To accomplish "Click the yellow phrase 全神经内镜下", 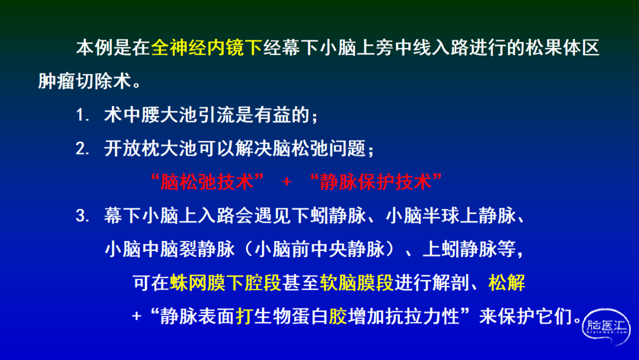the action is [206, 48].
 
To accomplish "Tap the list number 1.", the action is [82, 115].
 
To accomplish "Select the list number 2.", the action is [82, 149].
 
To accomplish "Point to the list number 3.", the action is [82, 216].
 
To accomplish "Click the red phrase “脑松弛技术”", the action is [207, 182].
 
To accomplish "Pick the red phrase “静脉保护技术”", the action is [376, 182].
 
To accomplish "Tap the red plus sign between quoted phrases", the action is [286, 182].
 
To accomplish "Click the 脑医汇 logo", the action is [606, 327].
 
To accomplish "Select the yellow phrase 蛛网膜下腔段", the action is [226, 282].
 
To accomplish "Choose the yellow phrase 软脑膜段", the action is [357, 282].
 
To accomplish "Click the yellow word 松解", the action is [506, 282].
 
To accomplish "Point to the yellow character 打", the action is [244, 316].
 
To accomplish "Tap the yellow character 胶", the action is [338, 316].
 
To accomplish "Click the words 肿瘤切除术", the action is [85, 81].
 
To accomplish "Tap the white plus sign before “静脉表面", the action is [137, 316].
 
